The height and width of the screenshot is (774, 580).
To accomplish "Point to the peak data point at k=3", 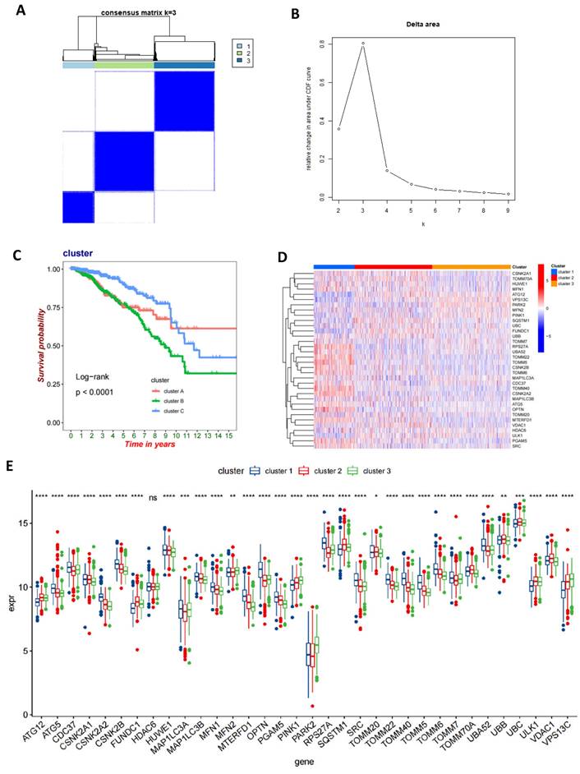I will pos(362,43).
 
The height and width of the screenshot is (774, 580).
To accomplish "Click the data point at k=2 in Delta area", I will pos(338,128).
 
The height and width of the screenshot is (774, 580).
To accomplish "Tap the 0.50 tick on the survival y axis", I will pos(53,346).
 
